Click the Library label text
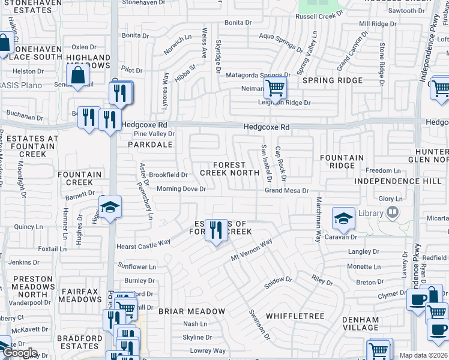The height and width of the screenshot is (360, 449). tap(371, 213)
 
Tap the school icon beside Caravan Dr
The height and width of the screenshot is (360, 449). tap(343, 219)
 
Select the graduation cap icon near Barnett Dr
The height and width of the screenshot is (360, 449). tap(109, 208)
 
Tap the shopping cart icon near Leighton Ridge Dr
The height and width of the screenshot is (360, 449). tap(275, 88)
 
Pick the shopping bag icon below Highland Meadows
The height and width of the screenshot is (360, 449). tap(77, 76)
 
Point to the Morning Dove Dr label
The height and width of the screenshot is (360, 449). tap(181, 189)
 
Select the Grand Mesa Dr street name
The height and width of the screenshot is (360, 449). tap(287, 191)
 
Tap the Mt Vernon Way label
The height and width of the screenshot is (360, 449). tap(252, 250)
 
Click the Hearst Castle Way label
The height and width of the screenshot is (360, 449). tap(143, 245)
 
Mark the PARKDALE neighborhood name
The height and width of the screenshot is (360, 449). tap(149, 145)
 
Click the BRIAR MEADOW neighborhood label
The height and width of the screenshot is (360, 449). tap(191, 311)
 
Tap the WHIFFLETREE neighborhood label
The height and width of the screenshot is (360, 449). tap(295, 316)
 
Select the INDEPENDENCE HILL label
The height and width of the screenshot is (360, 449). tap(393, 181)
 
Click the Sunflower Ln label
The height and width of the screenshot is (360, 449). tap(137, 266)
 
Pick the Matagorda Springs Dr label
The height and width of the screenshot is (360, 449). tap(258, 76)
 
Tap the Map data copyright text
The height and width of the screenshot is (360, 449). tap(423, 355)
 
